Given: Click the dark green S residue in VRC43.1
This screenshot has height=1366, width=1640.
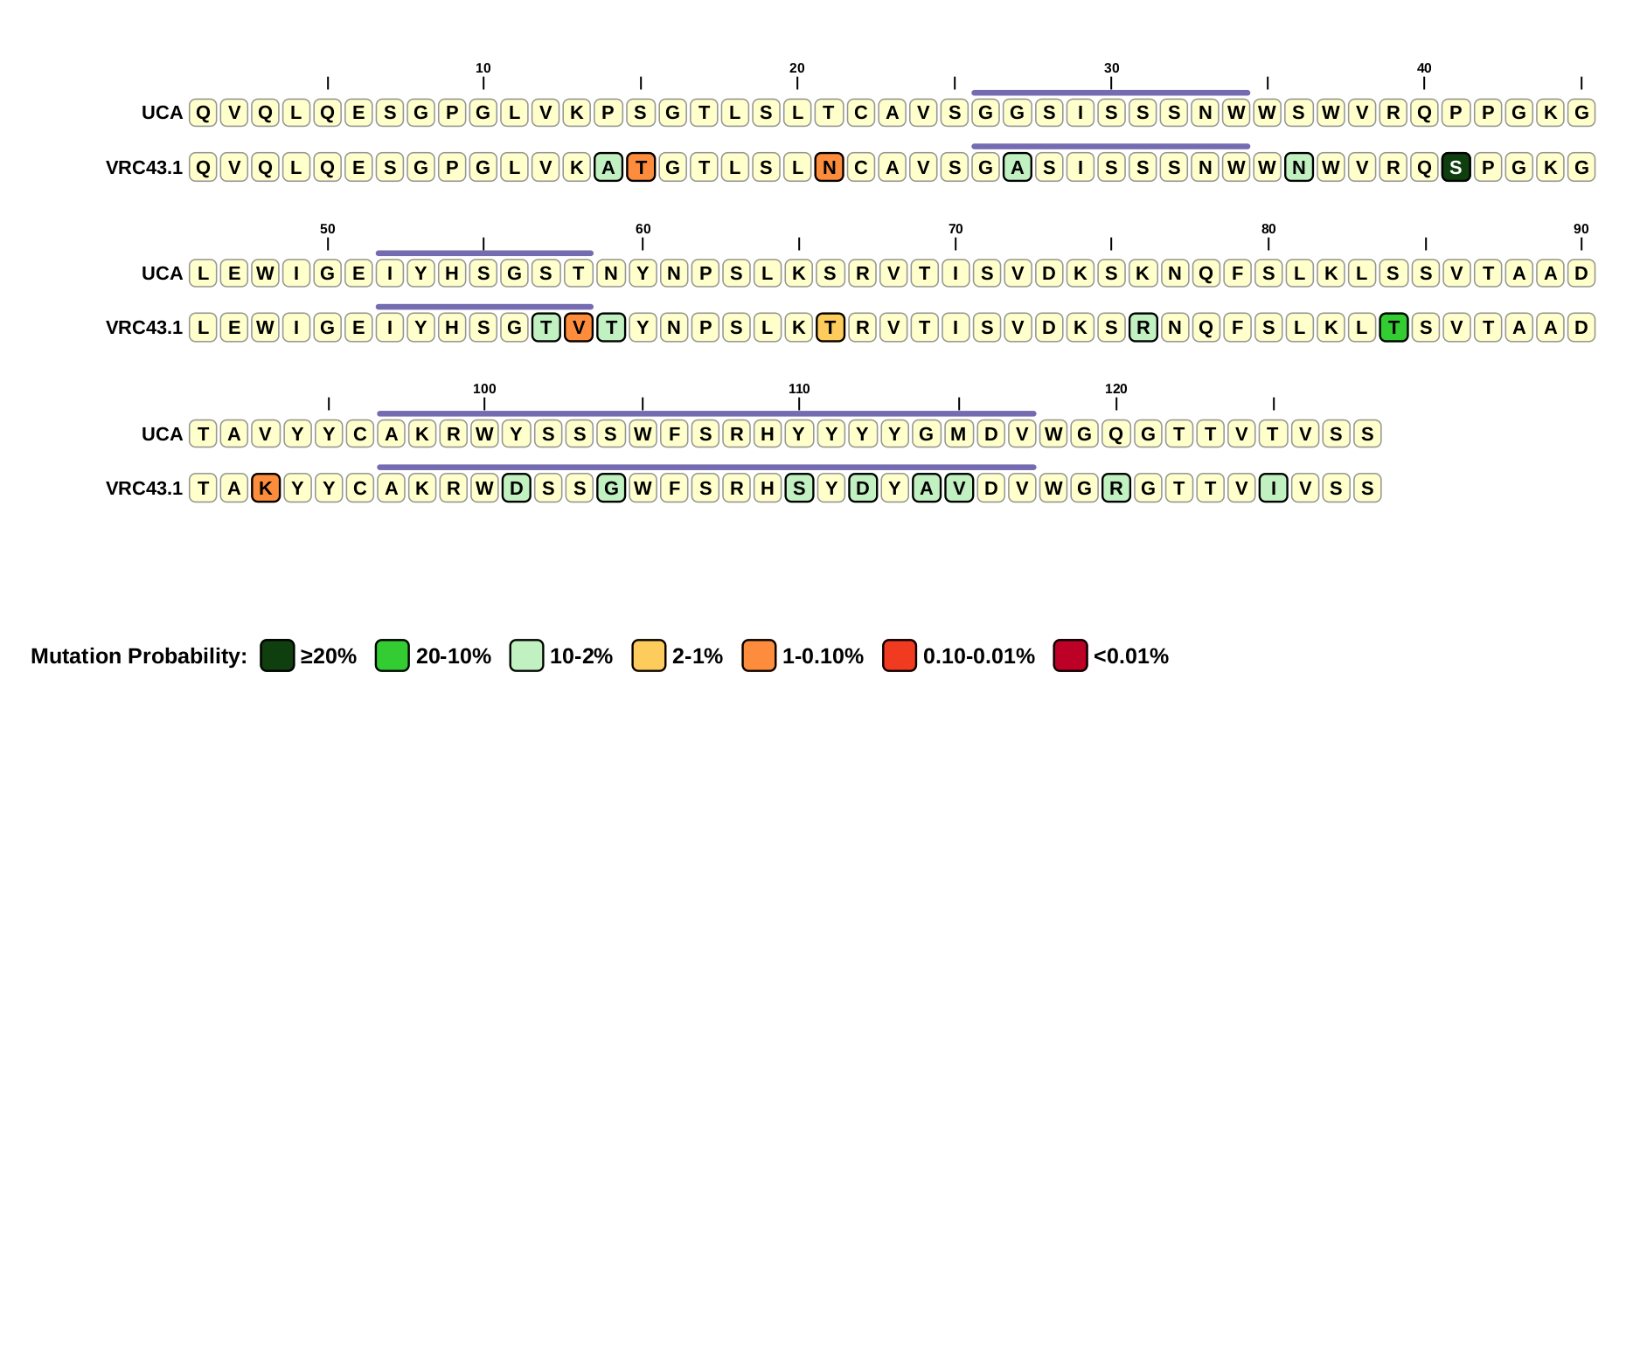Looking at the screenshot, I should tap(1456, 167).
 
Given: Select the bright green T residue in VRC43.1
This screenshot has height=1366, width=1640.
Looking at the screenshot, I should tap(1393, 328).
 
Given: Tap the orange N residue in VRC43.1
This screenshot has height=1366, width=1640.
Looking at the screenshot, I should tap(829, 167).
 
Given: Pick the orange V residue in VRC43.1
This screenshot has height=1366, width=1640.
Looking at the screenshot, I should tap(579, 328).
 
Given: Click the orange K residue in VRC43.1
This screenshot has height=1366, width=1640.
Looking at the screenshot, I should tap(266, 488).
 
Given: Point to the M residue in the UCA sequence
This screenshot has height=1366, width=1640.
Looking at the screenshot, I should tap(959, 433).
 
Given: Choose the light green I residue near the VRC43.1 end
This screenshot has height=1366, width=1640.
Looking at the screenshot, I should tap(1273, 488).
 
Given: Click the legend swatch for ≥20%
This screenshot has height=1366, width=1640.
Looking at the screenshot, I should tap(277, 655).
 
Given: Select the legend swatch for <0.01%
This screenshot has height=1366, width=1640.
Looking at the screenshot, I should tap(1070, 655).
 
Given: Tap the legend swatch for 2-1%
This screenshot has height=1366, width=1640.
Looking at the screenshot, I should tap(649, 655).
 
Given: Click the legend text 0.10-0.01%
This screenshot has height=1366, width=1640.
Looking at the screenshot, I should tap(978, 656).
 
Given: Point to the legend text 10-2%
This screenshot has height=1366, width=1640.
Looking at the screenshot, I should tap(580, 656).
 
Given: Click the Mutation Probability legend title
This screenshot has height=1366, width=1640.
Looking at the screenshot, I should tap(139, 656).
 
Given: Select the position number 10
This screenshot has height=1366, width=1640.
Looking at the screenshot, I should tap(483, 68).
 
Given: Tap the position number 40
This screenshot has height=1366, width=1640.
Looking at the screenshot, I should tap(1424, 68).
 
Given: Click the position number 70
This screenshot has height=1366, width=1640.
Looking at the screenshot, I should tap(956, 229).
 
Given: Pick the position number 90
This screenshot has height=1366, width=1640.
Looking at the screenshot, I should tap(1581, 229).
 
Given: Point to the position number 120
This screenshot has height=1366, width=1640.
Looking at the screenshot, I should tap(1115, 389).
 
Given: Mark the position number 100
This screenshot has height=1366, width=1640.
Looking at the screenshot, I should tap(484, 389).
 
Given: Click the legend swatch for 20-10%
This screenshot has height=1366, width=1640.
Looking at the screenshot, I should tap(392, 655).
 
